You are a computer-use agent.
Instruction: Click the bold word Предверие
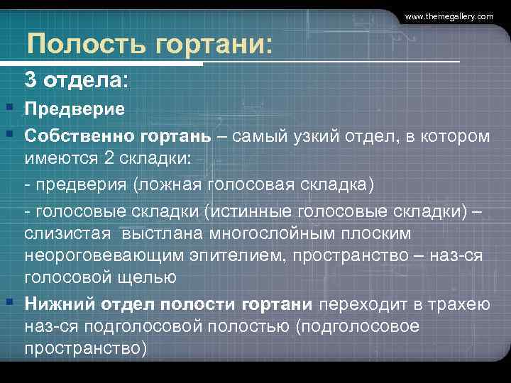click(75, 109)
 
